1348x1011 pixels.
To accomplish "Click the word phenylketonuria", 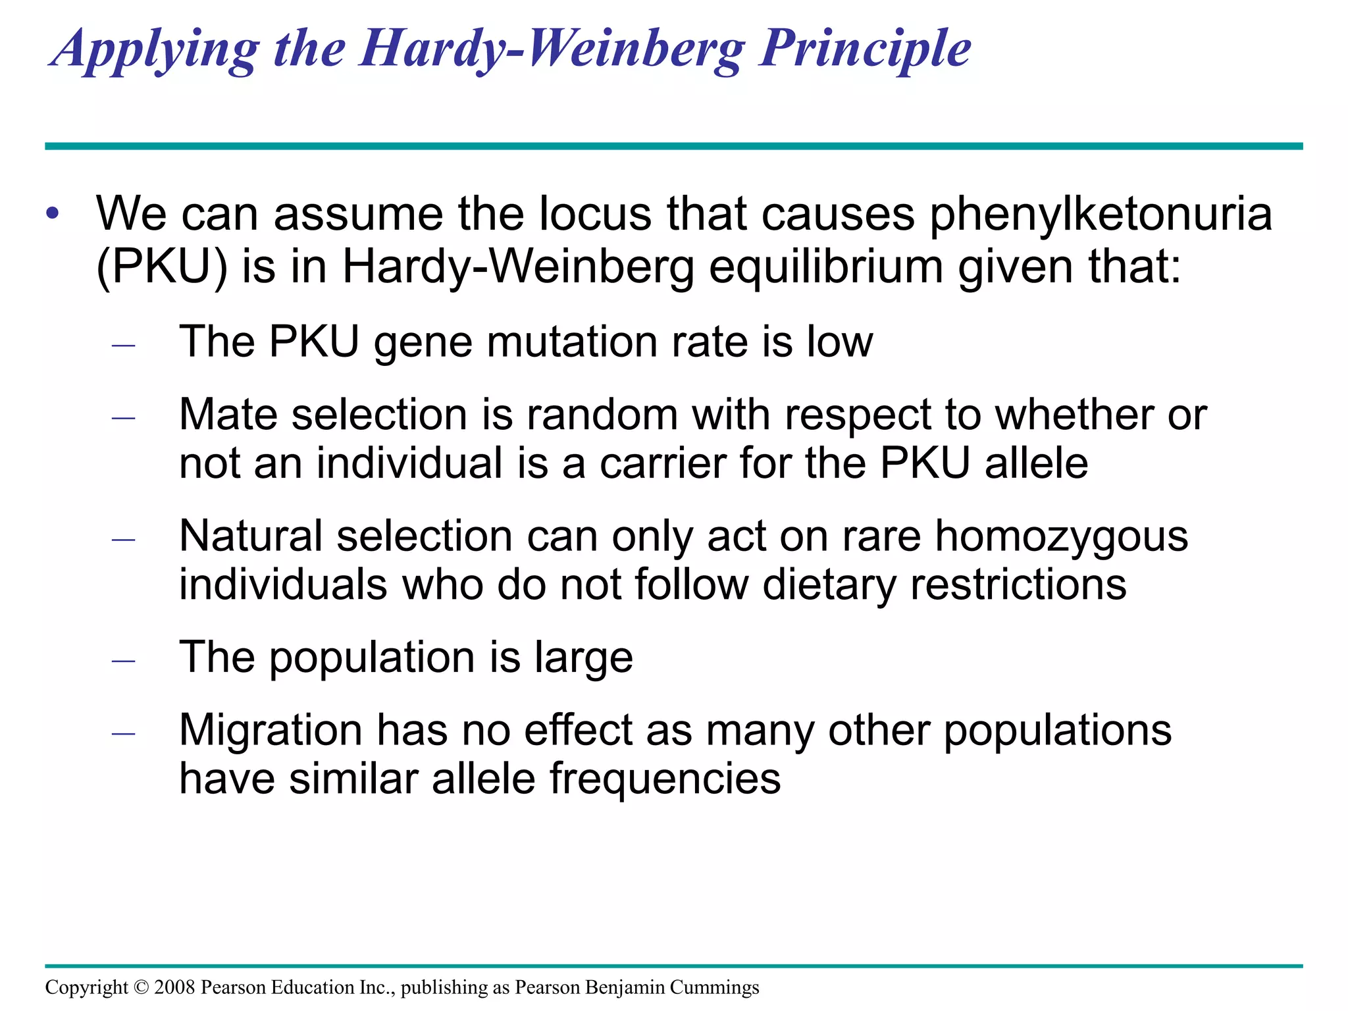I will tap(1101, 215).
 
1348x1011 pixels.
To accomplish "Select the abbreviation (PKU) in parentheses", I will tap(162, 267).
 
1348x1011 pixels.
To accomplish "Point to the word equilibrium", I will tap(826, 267).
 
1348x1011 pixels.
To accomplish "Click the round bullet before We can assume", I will tap(53, 215).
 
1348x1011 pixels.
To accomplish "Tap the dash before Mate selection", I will tap(124, 417).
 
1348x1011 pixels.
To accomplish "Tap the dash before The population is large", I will tap(124, 660).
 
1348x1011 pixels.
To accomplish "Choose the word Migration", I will tap(271, 730).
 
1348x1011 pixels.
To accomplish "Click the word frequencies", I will tap(665, 779).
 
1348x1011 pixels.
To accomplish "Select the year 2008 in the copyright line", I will tap(175, 987).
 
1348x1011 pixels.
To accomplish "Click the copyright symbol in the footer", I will tap(142, 987).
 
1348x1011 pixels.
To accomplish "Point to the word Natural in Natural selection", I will tap(251, 536).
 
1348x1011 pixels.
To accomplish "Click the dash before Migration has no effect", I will tap(124, 733).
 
